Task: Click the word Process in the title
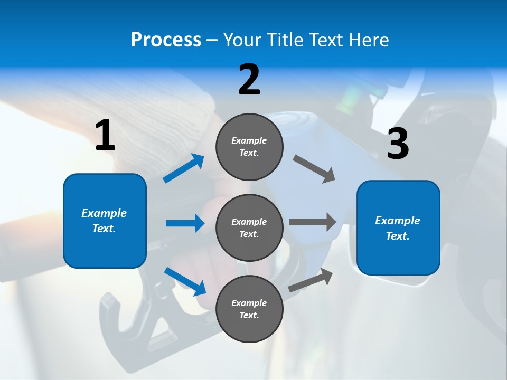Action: click(166, 40)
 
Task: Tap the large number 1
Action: click(105, 136)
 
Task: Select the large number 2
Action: click(249, 80)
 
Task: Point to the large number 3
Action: click(398, 144)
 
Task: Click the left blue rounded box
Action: click(105, 221)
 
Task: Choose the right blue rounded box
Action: click(398, 228)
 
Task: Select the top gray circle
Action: click(249, 147)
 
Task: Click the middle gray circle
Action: click(249, 228)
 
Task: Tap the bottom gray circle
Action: click(249, 309)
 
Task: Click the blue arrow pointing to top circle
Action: click(184, 168)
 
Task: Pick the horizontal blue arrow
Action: click(185, 223)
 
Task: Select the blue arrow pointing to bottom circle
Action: click(185, 281)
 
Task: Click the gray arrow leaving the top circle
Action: click(314, 169)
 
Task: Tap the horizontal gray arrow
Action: click(313, 222)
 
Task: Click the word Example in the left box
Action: click(104, 213)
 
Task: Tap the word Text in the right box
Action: click(397, 236)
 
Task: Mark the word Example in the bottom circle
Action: click(249, 303)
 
